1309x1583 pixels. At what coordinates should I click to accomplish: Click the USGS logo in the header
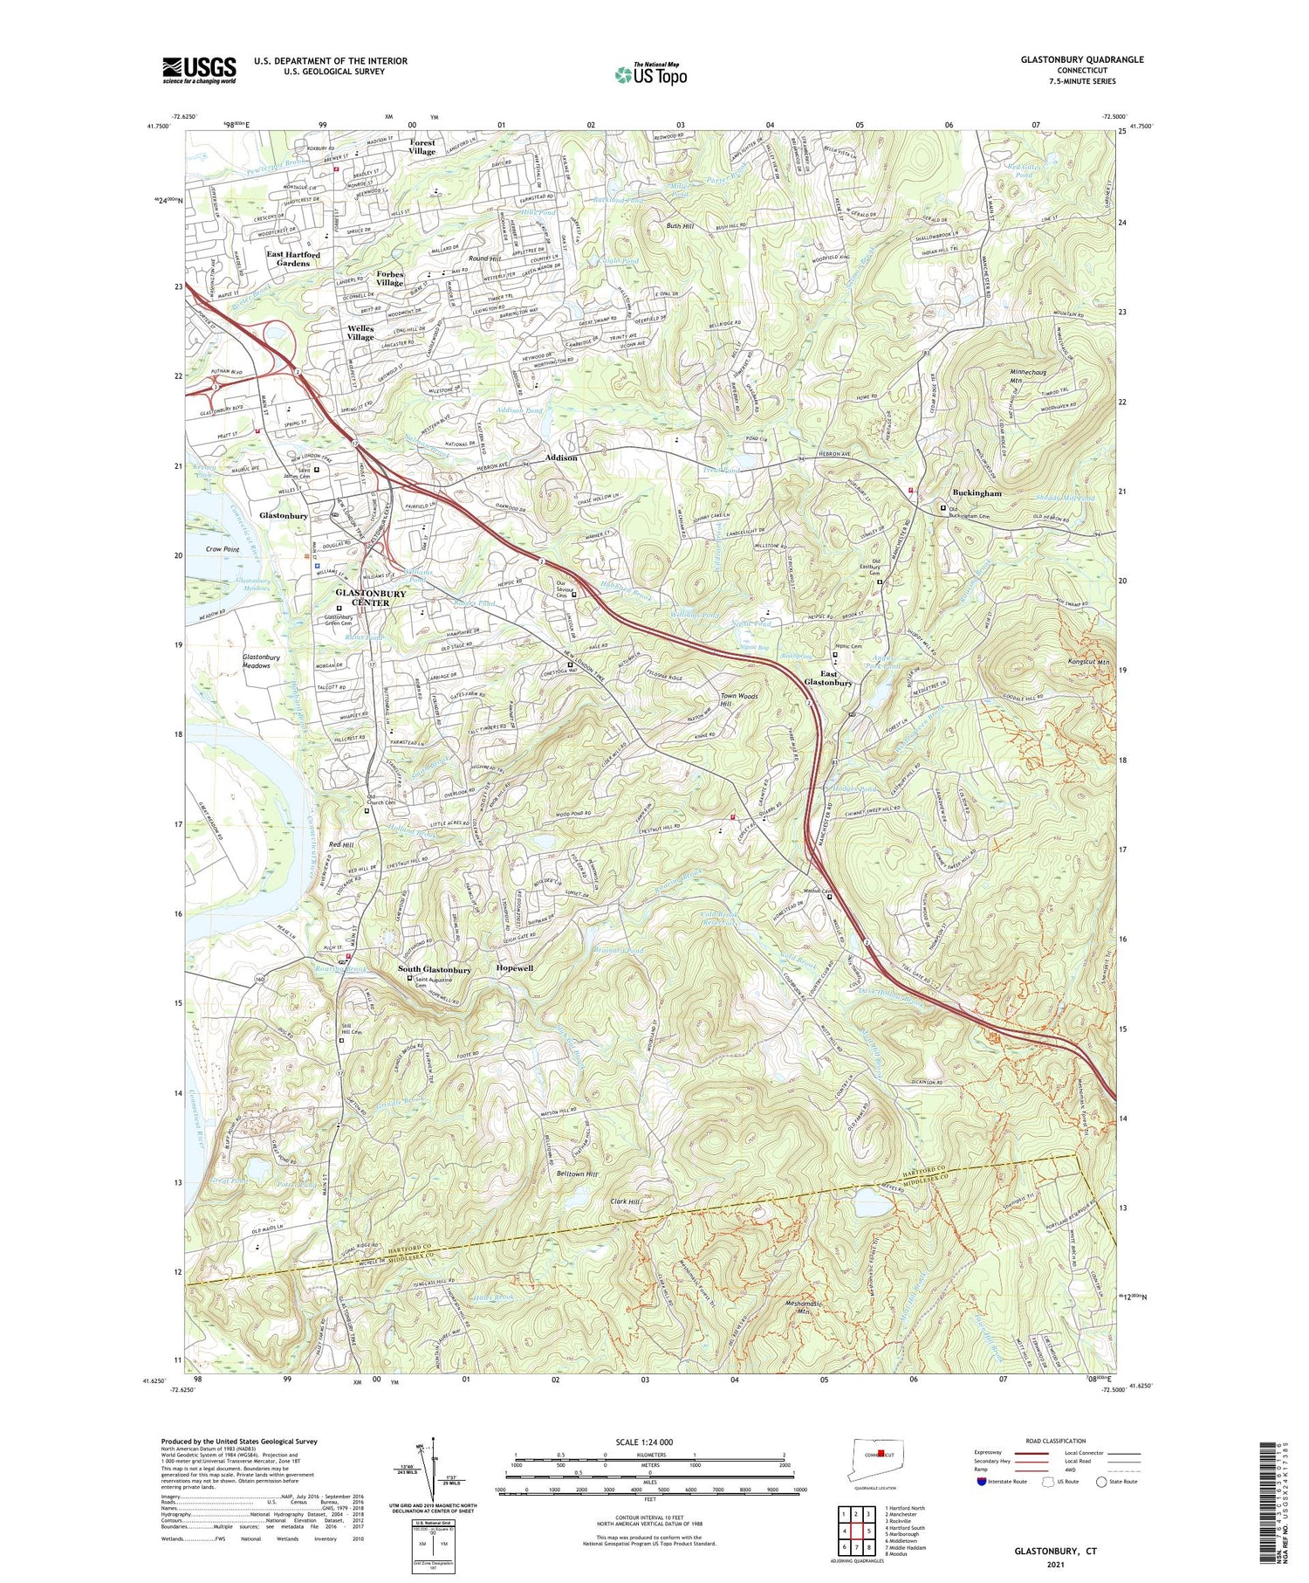pos(199,70)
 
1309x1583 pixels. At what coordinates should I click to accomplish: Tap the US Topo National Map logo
pos(650,74)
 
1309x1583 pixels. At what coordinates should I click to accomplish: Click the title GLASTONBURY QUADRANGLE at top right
pos(1081,59)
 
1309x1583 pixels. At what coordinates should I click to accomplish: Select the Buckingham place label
pos(977,493)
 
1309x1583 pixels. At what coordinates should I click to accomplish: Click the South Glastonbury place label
pos(434,969)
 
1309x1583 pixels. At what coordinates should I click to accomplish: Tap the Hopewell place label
pos(514,969)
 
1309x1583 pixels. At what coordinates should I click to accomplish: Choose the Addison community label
pos(561,458)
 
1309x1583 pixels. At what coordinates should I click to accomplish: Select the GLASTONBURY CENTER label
pos(371,598)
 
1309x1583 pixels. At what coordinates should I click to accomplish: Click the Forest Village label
pos(421,147)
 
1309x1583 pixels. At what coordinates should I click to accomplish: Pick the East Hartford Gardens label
pos(293,259)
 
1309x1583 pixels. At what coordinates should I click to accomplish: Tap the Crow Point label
pos(223,549)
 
